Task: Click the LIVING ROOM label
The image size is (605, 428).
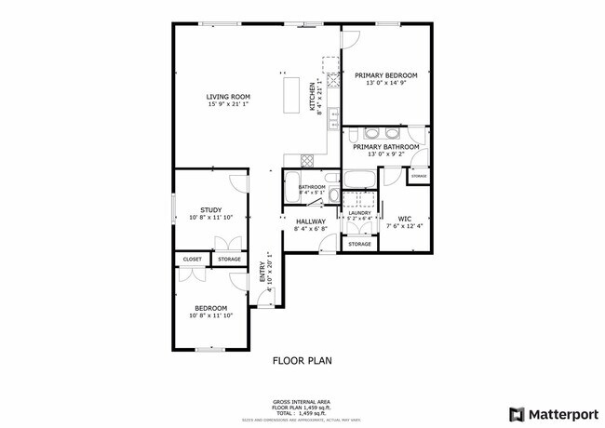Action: point(227,96)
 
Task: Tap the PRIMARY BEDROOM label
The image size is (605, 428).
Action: point(385,75)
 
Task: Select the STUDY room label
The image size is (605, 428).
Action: point(210,209)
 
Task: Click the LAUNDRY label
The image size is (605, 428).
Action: point(359,213)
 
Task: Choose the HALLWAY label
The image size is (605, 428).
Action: point(310,221)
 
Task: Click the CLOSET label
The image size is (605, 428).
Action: point(193,259)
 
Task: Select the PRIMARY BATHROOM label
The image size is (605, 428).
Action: point(385,146)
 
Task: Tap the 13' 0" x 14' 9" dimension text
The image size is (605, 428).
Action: point(385,83)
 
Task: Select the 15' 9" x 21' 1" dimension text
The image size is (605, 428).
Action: point(227,103)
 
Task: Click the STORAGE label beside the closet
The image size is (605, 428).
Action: point(229,259)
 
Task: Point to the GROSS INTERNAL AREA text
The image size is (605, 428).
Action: point(302,401)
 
